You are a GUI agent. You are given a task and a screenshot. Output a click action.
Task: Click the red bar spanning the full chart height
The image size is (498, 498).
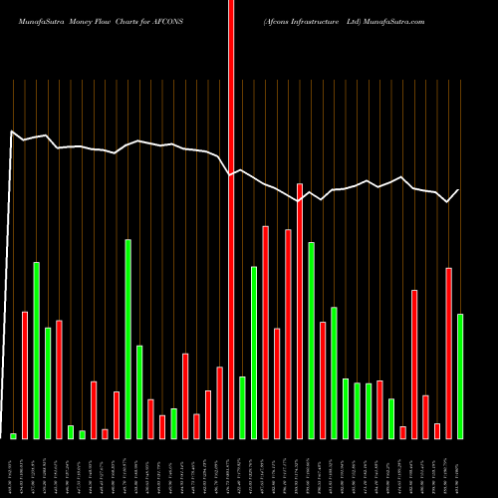tap(231, 219)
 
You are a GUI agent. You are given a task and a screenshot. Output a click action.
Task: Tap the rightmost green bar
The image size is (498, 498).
tap(459, 375)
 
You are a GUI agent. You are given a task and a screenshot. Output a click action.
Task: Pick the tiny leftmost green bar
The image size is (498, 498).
tap(13, 435)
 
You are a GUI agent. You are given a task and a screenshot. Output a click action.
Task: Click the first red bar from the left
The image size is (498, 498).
tap(25, 374)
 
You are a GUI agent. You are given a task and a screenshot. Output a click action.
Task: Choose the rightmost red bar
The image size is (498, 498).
tap(448, 353)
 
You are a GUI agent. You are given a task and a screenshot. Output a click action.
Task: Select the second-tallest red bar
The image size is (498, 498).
tap(300, 311)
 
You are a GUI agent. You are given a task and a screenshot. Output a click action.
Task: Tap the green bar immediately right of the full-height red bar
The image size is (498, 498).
tap(242, 406)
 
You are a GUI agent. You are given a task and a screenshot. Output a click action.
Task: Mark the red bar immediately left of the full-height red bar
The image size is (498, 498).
tap(219, 402)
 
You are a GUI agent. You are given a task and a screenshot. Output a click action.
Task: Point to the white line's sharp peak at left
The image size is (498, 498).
tap(12, 131)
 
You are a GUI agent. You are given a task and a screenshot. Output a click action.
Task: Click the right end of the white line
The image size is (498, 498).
tap(459, 189)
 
